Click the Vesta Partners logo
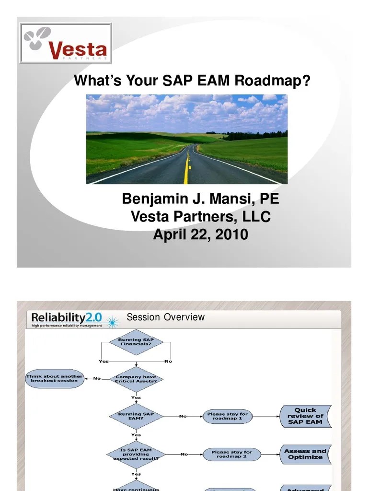point(66,43)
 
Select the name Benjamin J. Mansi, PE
point(200,199)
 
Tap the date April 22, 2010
point(200,234)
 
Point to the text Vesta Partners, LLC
point(200,217)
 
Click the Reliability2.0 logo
point(67,319)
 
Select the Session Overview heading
point(165,317)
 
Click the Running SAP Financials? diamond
point(136,342)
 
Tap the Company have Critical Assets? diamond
point(136,379)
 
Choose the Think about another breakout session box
point(55,378)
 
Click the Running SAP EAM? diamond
point(136,416)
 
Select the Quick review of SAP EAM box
point(305,416)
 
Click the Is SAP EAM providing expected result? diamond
point(136,454)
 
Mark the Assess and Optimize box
point(305,454)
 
